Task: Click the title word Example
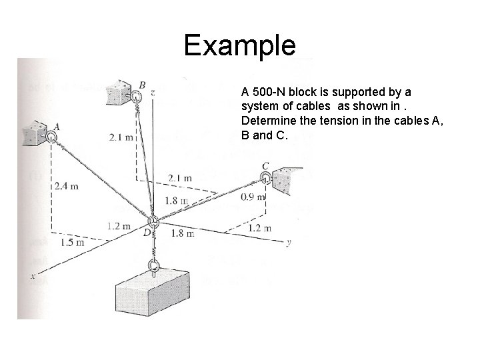pos(239,45)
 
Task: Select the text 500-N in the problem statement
pos(268,91)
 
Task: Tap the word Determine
pos(266,121)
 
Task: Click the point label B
pos(142,85)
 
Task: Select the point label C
pos(265,165)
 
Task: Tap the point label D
pos(146,232)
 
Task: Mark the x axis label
pos(31,275)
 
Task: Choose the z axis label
pos(153,93)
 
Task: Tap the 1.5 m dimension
pos(72,242)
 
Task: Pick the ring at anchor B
pos(136,97)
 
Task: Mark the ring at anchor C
pos(266,177)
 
